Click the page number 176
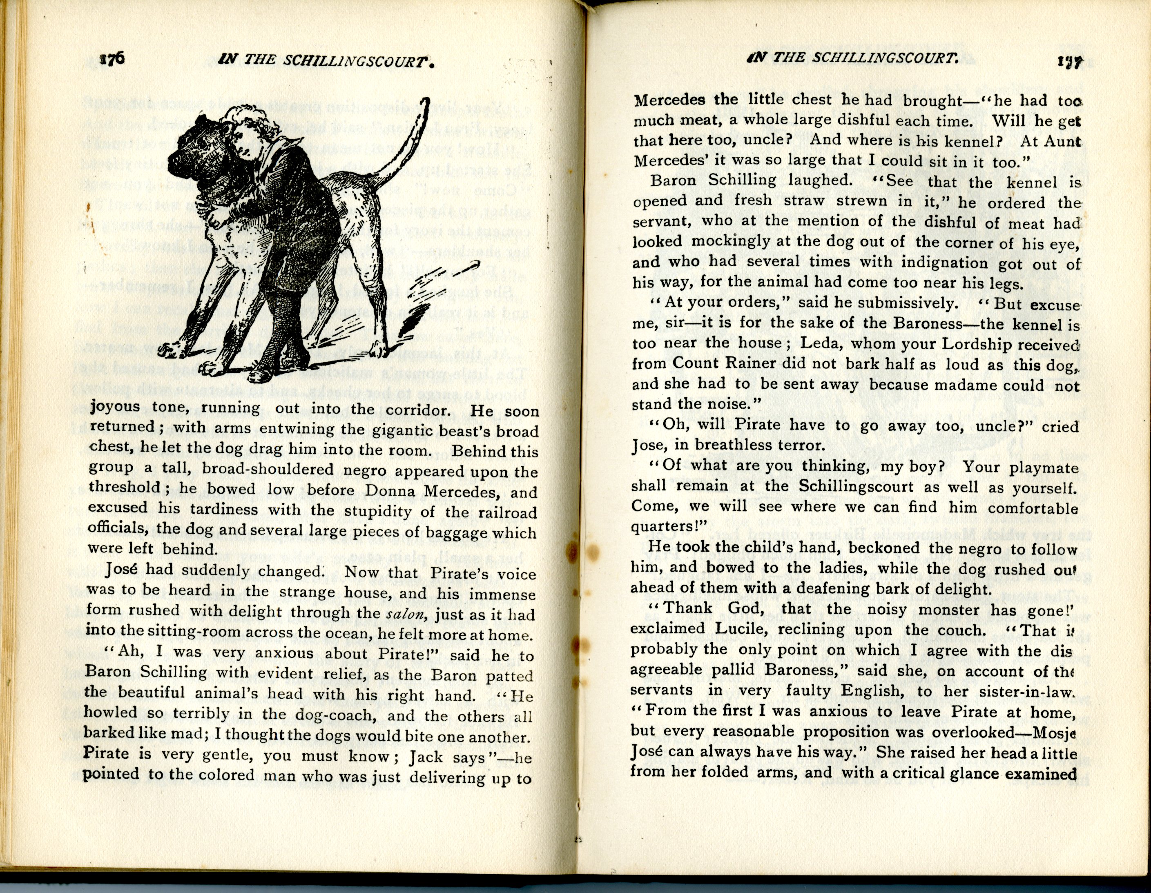[111, 59]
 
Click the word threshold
[124, 487]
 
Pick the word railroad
[506, 512]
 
